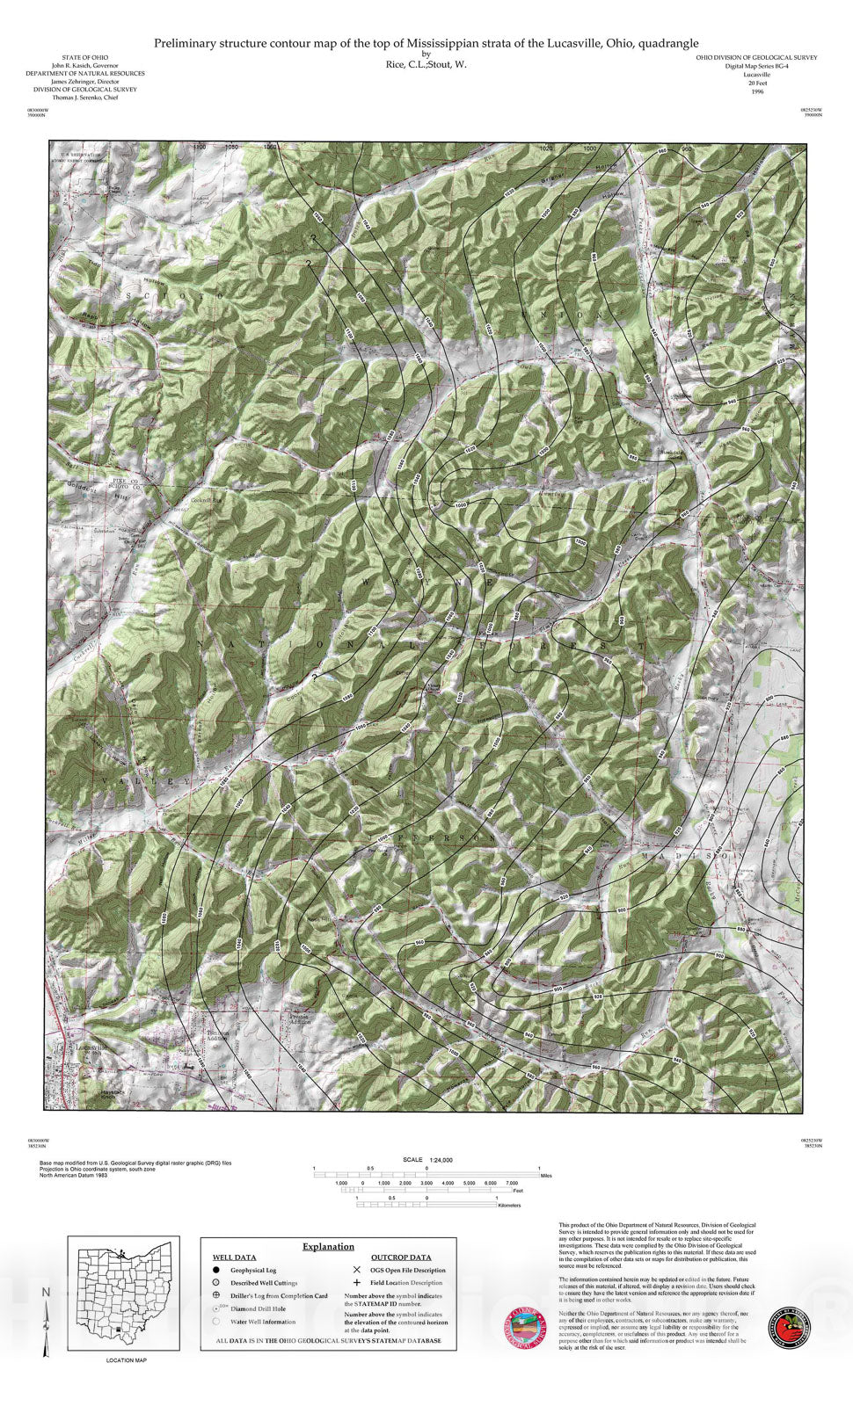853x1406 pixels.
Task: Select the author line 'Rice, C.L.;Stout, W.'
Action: click(426, 65)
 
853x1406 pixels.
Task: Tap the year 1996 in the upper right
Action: click(757, 91)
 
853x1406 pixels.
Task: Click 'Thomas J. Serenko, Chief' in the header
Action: click(85, 98)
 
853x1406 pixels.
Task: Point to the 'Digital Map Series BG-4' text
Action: click(756, 66)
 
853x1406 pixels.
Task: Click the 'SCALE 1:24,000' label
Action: click(426, 1160)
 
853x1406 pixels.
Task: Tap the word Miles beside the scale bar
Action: click(546, 1175)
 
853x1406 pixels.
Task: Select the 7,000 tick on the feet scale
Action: click(512, 1183)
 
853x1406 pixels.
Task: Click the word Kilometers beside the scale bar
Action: click(509, 1206)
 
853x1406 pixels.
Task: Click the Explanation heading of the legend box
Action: click(328, 1246)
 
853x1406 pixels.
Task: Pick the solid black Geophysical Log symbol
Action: click(215, 1270)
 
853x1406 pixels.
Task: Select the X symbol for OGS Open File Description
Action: click(356, 1270)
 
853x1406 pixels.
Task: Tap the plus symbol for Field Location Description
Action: click(356, 1283)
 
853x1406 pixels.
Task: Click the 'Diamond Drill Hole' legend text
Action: click(258, 1308)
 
